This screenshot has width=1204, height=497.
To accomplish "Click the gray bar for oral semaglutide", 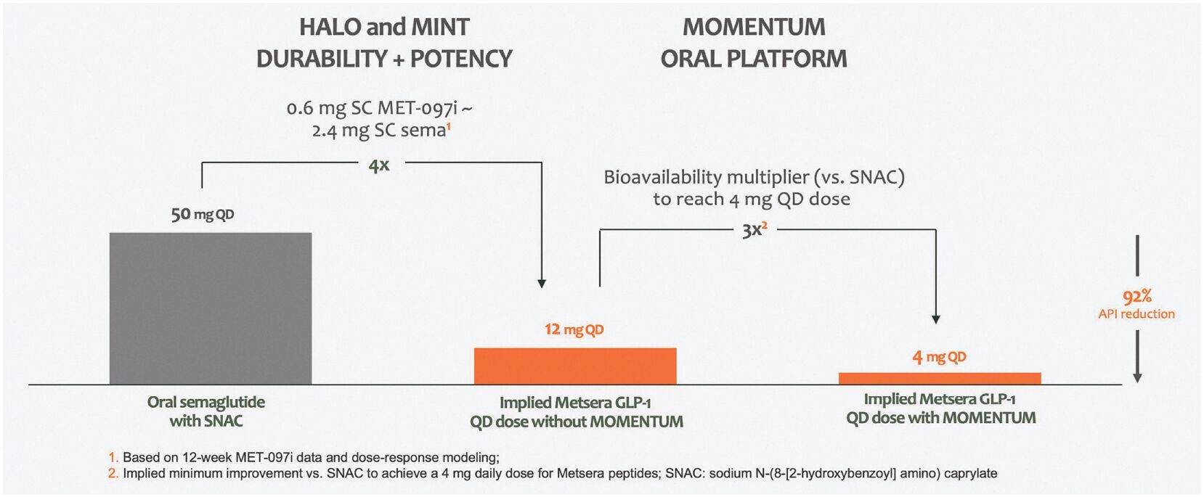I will [x=211, y=308].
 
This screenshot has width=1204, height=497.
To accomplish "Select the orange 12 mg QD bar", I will [x=575, y=366].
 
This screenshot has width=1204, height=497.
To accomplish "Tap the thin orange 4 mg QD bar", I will [x=940, y=378].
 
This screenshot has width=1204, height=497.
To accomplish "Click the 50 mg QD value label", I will [x=203, y=214].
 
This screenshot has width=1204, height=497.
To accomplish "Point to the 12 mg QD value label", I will [x=574, y=329].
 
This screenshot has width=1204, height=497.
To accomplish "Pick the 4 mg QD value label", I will [x=939, y=357].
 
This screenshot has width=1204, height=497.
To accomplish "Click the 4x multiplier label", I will [x=379, y=165].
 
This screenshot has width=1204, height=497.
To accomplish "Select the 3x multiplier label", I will [x=754, y=231].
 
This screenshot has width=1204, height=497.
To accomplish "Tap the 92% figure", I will [x=1136, y=296].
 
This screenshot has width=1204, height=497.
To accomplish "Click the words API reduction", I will [x=1136, y=314].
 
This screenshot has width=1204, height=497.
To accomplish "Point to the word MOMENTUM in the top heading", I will [x=754, y=27].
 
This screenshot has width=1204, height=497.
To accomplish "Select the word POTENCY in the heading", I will [x=461, y=59].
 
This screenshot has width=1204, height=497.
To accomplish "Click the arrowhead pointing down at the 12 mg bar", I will [x=542, y=283].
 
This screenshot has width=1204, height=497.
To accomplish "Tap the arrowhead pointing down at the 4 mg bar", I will [x=936, y=319].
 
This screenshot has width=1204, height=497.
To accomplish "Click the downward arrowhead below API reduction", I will [x=1137, y=377].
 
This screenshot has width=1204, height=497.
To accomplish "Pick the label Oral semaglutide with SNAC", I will [x=206, y=411].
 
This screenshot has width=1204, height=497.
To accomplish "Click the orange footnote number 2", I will [x=113, y=474].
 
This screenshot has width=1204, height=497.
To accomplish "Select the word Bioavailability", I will [x=663, y=177].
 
